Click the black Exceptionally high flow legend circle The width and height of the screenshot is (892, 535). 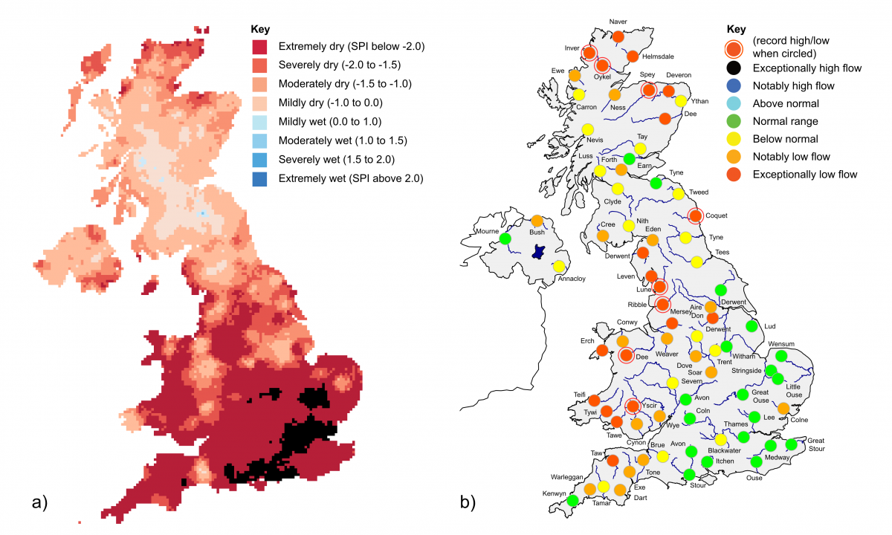coord(734,68)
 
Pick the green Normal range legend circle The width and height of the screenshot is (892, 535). coord(734,121)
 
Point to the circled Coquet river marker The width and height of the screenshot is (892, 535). coord(695,216)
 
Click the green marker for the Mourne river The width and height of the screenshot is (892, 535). coord(505,239)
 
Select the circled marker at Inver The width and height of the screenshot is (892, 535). coord(589,53)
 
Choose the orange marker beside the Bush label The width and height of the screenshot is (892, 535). coord(537,221)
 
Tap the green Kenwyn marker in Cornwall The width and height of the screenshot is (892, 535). coord(572,501)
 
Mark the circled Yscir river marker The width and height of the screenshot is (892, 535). coord(632,406)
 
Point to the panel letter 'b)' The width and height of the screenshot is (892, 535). coord(469,503)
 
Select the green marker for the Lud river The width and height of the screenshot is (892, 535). coord(751,326)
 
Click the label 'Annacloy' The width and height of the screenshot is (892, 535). coord(572,280)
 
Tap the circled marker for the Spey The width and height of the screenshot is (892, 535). coord(648,90)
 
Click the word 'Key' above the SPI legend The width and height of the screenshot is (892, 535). coord(260,30)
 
